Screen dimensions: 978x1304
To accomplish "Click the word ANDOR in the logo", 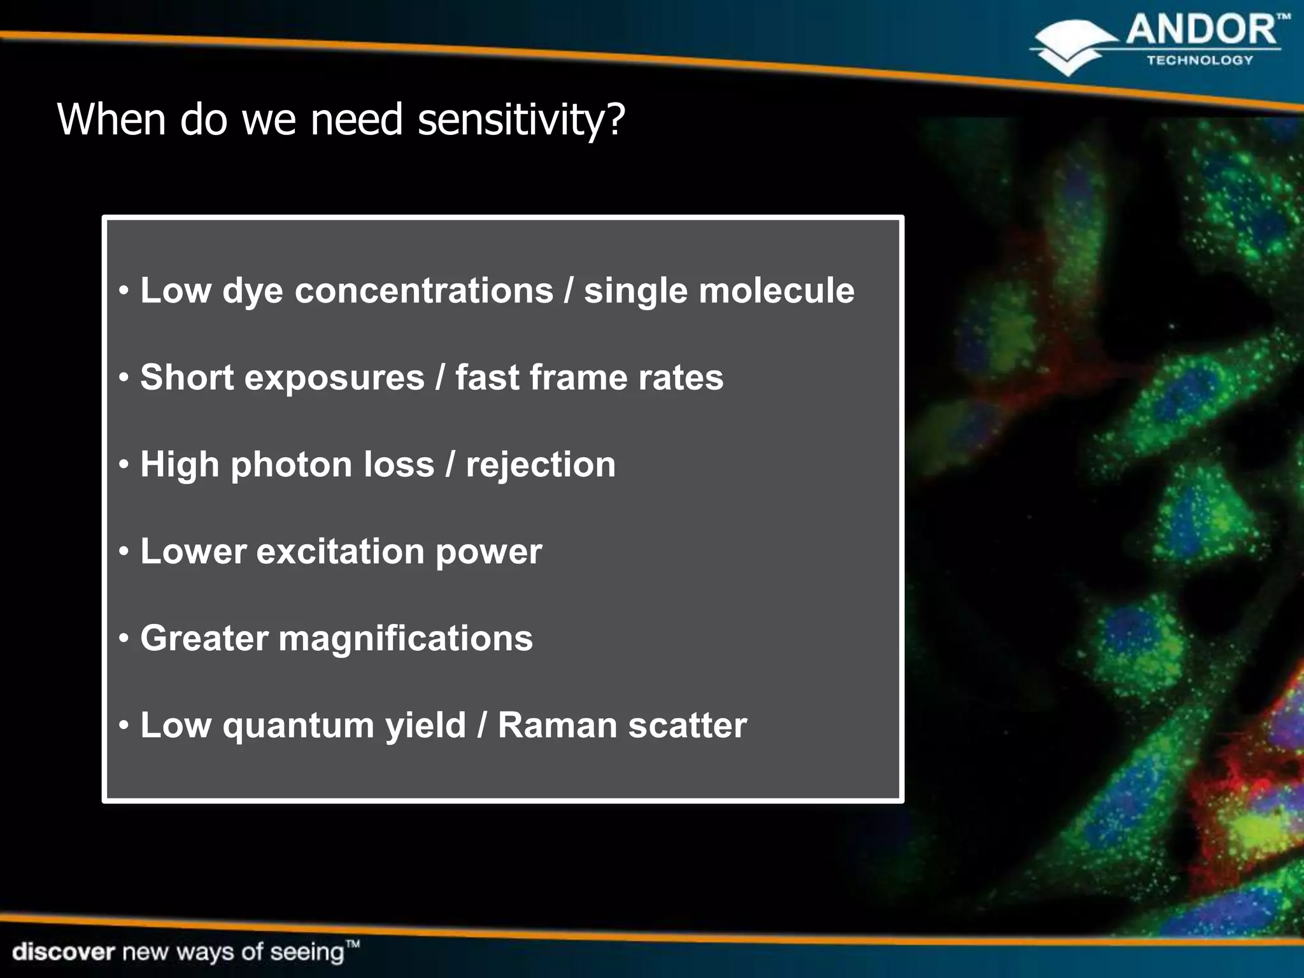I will [x=1201, y=31].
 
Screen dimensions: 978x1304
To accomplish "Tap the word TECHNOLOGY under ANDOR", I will [x=1200, y=60].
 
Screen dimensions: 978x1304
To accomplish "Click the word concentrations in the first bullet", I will [x=424, y=291].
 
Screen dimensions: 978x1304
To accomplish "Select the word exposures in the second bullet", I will [x=334, y=378].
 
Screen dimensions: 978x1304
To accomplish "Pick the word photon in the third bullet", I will [x=291, y=464].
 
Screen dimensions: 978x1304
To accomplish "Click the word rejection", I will [x=541, y=465].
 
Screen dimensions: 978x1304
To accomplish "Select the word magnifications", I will [x=406, y=639].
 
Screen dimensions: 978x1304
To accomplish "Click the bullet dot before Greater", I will [x=124, y=638].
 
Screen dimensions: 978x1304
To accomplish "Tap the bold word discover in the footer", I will [x=63, y=952].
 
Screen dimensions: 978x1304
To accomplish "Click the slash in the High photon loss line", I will [x=450, y=465].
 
